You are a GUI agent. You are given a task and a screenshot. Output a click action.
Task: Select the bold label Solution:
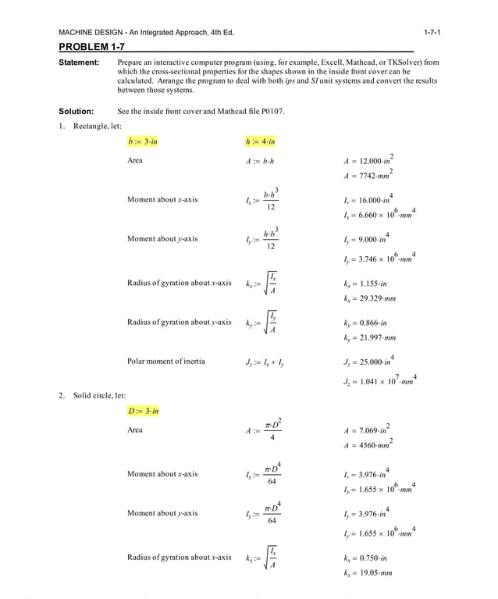pos(76,111)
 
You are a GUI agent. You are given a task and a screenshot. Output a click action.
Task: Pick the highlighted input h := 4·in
pos(260,141)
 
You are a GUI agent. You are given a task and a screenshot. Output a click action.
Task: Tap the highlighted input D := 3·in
pos(143,411)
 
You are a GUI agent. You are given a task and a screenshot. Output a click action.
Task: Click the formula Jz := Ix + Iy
pos(265,362)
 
